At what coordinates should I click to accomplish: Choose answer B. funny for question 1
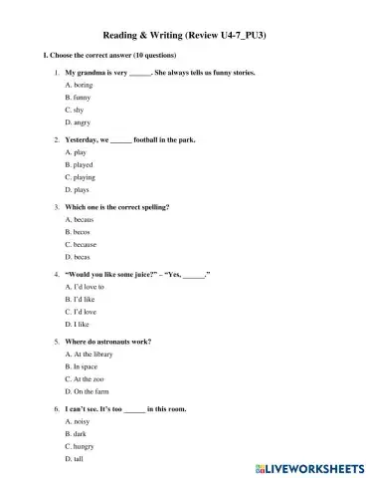click(78, 98)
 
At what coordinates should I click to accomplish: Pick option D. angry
click(78, 121)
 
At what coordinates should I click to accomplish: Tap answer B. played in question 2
click(79, 164)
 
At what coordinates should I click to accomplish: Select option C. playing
click(81, 176)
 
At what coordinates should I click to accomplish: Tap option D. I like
click(77, 324)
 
